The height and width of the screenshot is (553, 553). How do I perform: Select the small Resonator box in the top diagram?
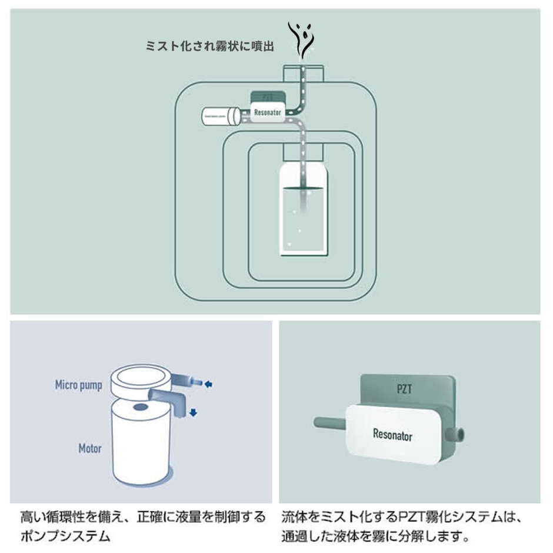click(x=268, y=112)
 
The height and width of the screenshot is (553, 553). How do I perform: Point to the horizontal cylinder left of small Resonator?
click(x=221, y=116)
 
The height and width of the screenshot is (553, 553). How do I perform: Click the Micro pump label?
click(x=79, y=385)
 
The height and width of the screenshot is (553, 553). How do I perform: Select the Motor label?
click(x=90, y=449)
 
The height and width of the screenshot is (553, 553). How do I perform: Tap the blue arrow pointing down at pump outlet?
click(x=193, y=413)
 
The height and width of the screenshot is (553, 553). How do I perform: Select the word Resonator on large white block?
click(x=392, y=435)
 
